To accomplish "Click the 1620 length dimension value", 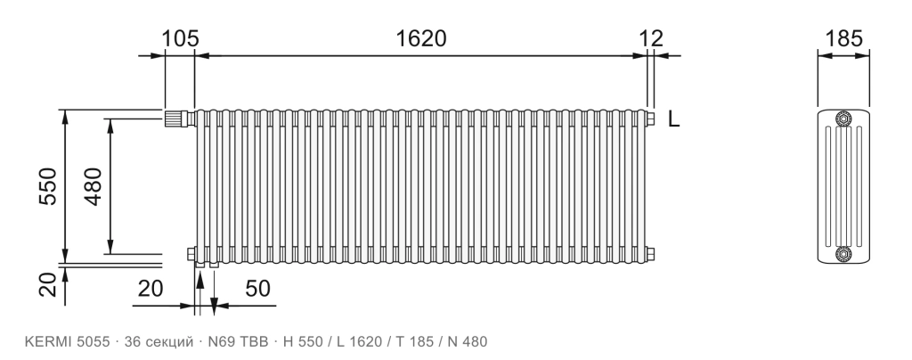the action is pos(421,38).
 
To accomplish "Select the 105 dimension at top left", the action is pos(180,38).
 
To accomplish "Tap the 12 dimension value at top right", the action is pos(651,38).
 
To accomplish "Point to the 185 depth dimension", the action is pos(843,38).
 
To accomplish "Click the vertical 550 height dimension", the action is pos(48,186).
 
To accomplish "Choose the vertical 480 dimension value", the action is pos(93,186).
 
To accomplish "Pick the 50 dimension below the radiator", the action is pos(257,288).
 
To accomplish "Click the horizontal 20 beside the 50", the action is pos(150,288).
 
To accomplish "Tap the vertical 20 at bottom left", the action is pos(48,285).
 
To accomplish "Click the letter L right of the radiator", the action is pos(673,119).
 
